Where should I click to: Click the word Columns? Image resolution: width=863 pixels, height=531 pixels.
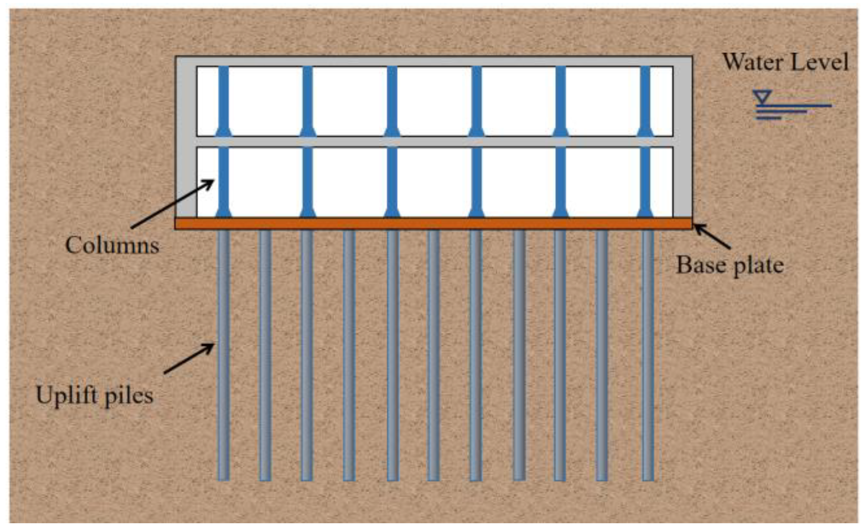112,246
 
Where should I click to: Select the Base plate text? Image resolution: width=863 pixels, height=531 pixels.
730,265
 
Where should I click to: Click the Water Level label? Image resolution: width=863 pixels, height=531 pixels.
785,62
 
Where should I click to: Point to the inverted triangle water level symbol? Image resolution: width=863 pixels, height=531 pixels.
762,97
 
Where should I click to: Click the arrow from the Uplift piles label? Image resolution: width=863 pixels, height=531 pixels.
189,358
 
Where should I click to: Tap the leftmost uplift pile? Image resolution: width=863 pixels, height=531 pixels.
223,354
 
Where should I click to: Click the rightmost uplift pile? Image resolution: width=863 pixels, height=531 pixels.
647,354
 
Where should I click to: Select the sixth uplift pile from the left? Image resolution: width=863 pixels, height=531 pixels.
433,354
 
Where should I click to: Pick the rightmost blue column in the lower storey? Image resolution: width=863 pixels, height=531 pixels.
645,181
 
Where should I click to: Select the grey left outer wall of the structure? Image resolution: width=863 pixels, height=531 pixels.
186,138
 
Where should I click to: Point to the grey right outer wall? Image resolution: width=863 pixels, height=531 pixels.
682,138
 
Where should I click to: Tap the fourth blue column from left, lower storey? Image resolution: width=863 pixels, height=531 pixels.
476,181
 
